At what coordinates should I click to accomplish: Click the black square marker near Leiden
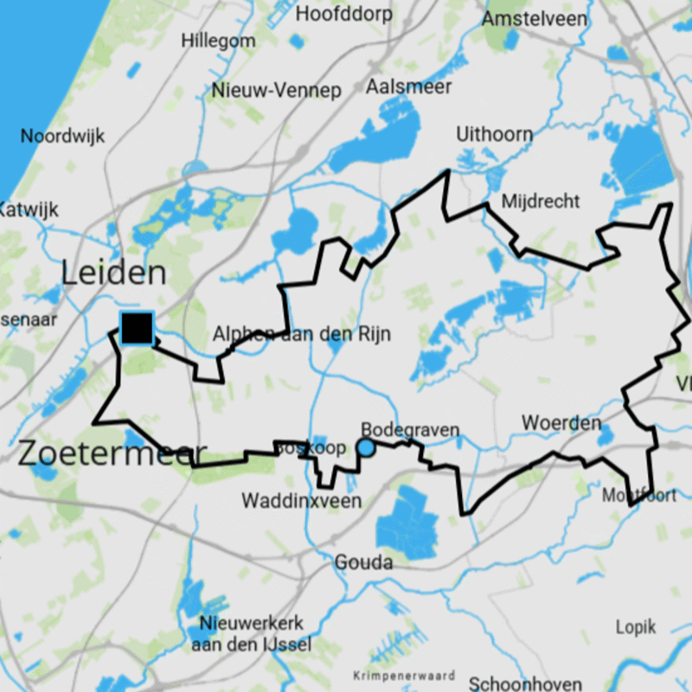[x=137, y=328]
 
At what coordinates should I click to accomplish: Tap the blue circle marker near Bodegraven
[x=366, y=447]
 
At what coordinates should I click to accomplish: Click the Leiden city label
[x=113, y=273]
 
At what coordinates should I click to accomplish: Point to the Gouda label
[x=362, y=562]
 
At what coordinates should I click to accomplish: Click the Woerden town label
[x=561, y=423]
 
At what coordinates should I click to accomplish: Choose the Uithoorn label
[x=495, y=134]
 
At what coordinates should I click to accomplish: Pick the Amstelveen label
[x=535, y=18]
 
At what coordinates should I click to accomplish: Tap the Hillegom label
[x=219, y=42]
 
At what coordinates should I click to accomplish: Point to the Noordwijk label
[x=62, y=136]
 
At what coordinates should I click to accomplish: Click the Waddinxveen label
[x=301, y=500]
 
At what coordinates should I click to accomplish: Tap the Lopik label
[x=636, y=626]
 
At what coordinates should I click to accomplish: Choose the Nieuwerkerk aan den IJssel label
[x=251, y=634]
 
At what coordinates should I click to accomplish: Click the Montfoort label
[x=640, y=496]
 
